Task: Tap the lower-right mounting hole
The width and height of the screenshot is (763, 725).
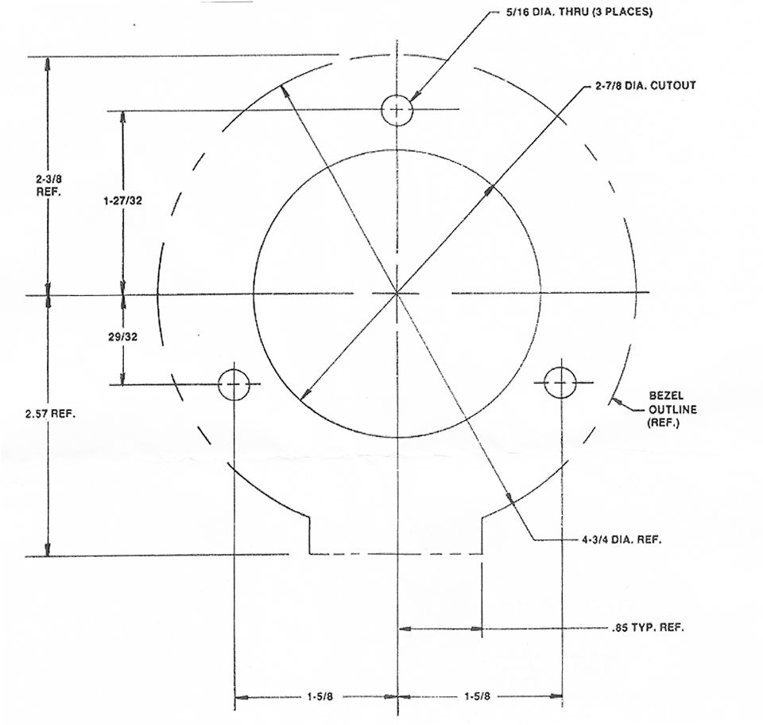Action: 561,383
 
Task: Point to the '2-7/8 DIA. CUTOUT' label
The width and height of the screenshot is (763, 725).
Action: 645,85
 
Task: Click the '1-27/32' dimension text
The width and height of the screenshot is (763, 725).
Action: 122,201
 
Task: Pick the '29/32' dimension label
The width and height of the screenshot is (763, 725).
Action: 122,337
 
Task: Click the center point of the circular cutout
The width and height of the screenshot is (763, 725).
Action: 397,294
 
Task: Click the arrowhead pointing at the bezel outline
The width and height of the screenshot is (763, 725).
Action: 615,401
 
